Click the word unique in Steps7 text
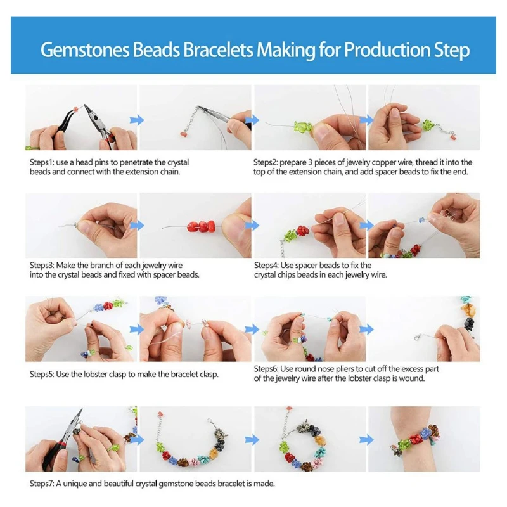(x=75, y=483)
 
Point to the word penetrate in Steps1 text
(x=134, y=162)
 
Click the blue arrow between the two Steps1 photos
(x=137, y=120)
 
